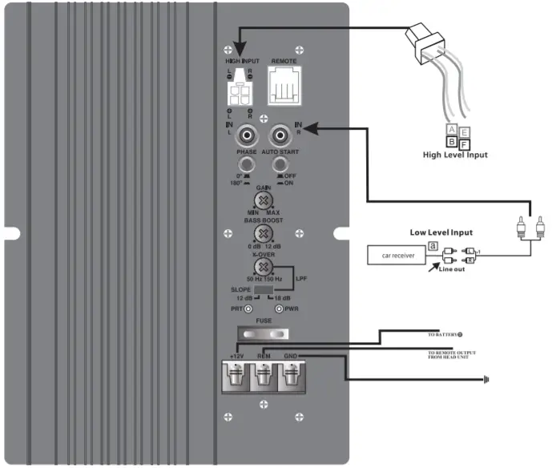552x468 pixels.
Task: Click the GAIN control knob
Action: point(260,201)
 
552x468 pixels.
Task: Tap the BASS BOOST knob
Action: point(260,233)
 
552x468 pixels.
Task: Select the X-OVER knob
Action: point(260,268)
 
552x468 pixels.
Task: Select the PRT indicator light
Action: point(248,309)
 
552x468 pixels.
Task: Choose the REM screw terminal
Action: point(264,375)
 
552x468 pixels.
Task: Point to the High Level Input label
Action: point(454,155)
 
